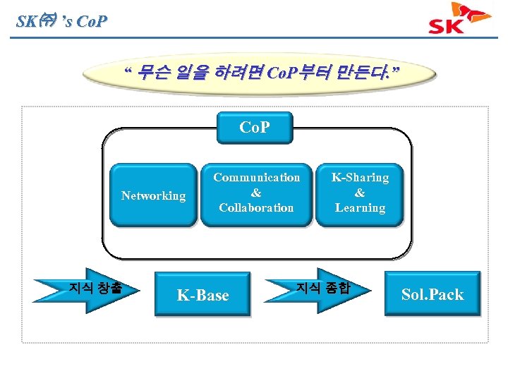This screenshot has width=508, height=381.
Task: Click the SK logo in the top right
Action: tap(460, 19)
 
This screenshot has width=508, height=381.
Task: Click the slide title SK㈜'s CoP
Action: tap(62, 21)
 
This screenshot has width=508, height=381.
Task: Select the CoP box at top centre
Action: tap(255, 128)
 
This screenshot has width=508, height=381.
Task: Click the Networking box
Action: tap(153, 196)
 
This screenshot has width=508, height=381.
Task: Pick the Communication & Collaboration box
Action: tap(256, 193)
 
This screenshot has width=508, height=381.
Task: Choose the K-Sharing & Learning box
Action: tap(360, 193)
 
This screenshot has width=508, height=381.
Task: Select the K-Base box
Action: tap(203, 295)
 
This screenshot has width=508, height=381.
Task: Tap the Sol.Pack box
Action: tap(433, 294)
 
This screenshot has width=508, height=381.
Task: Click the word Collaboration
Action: tap(256, 208)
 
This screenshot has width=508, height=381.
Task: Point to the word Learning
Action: tap(360, 208)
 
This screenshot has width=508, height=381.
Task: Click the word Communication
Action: tap(256, 178)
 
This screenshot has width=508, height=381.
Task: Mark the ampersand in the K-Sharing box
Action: tap(360, 193)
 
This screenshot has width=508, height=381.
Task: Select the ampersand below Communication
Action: tap(256, 193)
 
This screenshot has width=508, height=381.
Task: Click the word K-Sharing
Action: tap(360, 178)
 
